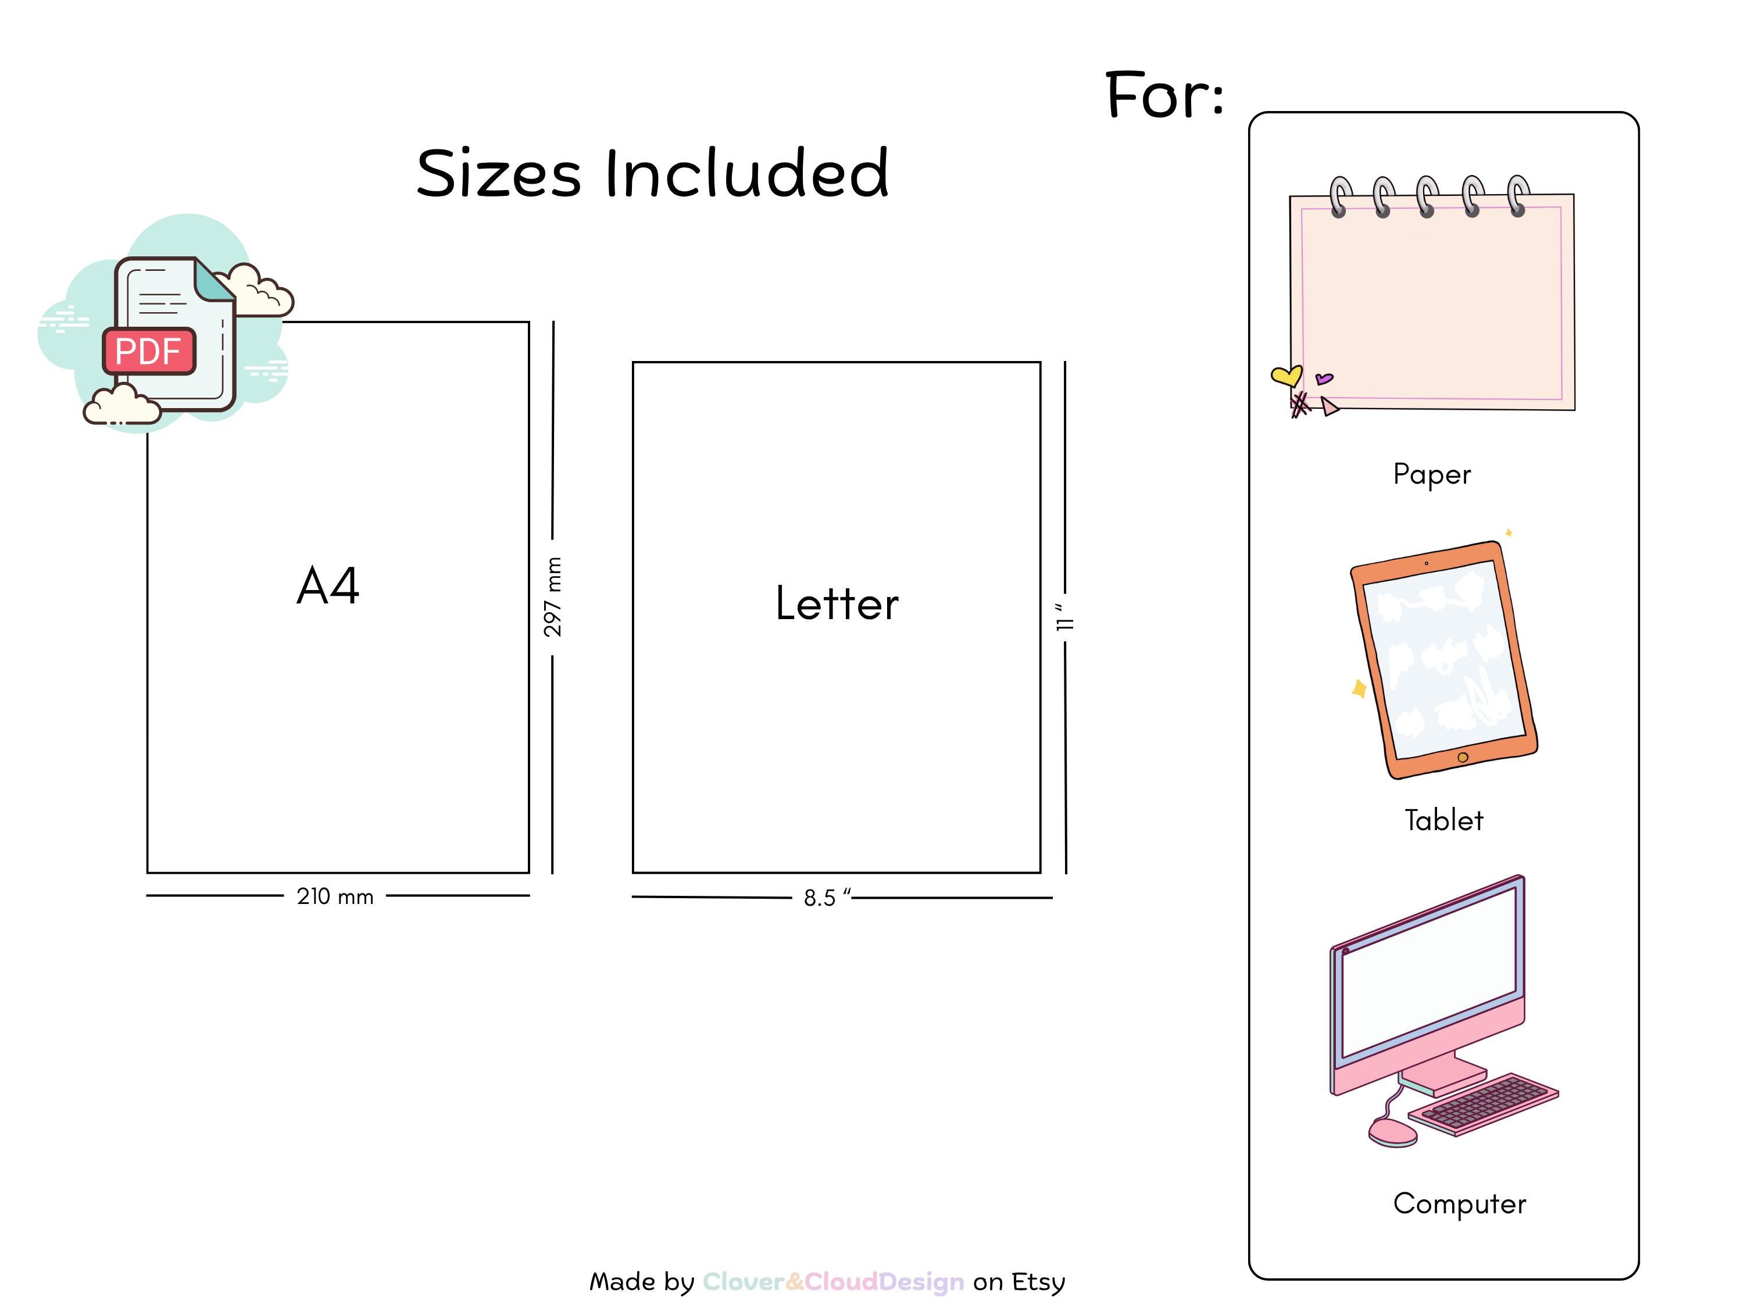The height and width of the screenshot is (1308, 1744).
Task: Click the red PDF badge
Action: pyautogui.click(x=149, y=351)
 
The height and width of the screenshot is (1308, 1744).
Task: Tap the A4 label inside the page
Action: pyautogui.click(x=328, y=586)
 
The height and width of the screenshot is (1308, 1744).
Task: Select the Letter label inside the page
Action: pyautogui.click(x=837, y=603)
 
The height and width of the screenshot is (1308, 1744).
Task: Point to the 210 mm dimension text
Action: pyautogui.click(x=335, y=896)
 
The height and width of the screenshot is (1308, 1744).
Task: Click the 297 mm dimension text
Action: pyautogui.click(x=553, y=597)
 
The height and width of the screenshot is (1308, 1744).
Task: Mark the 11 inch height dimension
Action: pyautogui.click(x=1064, y=618)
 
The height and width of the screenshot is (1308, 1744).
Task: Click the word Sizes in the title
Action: pyautogui.click(x=499, y=173)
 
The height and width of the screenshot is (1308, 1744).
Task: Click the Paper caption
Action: pyautogui.click(x=1432, y=474)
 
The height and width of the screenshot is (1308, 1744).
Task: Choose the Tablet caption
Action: pyautogui.click(x=1443, y=820)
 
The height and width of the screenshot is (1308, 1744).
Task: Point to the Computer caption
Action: pyautogui.click(x=1459, y=1204)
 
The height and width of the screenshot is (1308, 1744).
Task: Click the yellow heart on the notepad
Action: pyautogui.click(x=1286, y=376)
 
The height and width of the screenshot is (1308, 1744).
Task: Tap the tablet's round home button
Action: pyautogui.click(x=1463, y=757)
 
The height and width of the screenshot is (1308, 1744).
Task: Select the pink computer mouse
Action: pyautogui.click(x=1392, y=1133)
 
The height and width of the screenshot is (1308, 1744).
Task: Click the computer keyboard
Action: pyautogui.click(x=1484, y=1104)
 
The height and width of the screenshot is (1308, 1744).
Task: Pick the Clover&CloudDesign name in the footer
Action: pyautogui.click(x=834, y=1282)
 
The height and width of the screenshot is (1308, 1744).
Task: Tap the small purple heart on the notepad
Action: pyautogui.click(x=1324, y=379)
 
